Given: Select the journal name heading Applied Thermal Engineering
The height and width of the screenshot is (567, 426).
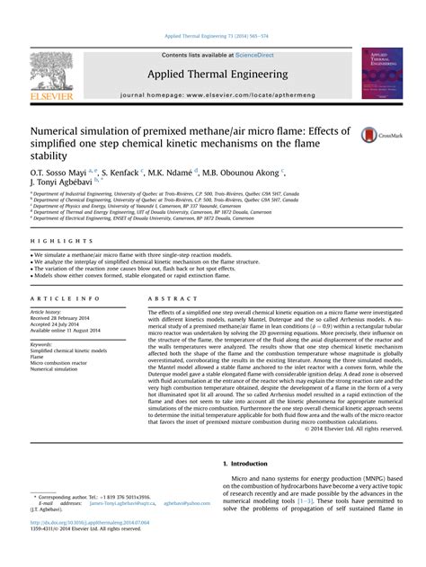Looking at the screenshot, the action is (x=212, y=74).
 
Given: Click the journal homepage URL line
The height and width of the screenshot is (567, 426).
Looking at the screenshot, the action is (x=212, y=93).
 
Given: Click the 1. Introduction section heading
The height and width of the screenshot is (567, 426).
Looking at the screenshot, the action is (x=244, y=463).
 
